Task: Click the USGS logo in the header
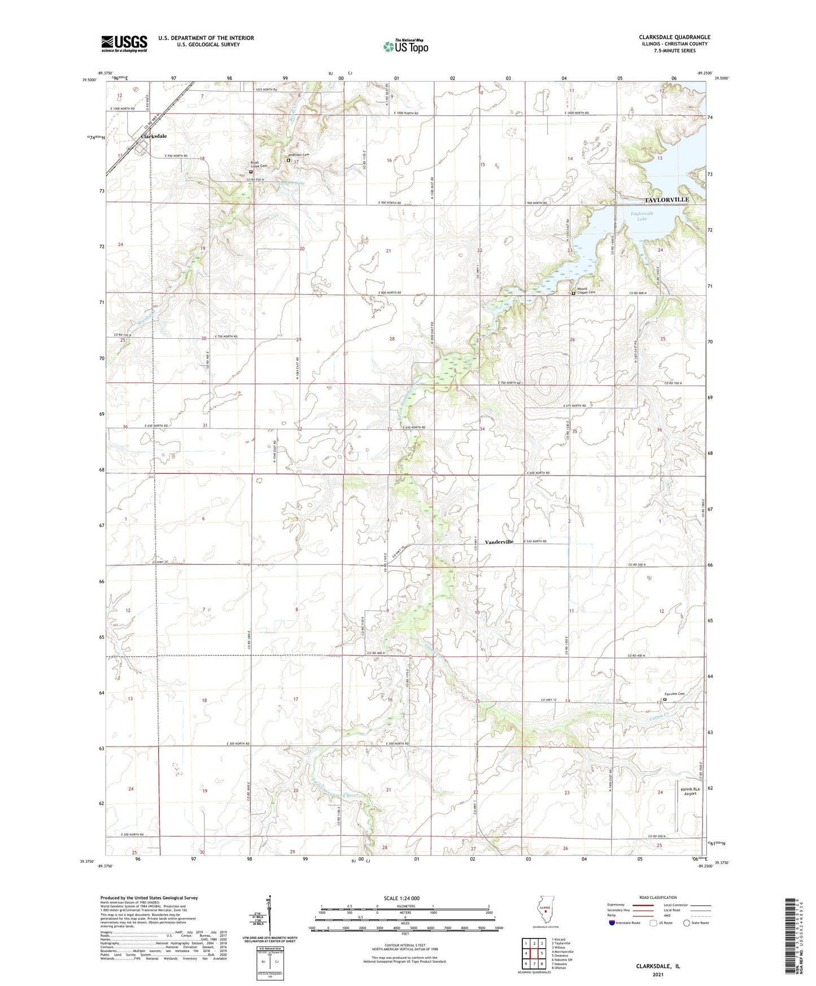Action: pyautogui.click(x=124, y=43)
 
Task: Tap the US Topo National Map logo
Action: pyautogui.click(x=405, y=46)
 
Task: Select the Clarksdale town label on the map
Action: pyautogui.click(x=154, y=136)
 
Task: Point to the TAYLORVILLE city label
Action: pyautogui.click(x=666, y=200)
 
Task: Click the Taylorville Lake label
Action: pyautogui.click(x=642, y=216)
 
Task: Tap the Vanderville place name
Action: pyautogui.click(x=499, y=542)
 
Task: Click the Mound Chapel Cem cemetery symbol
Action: pyautogui.click(x=574, y=293)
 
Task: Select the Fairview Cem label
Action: pyautogui.click(x=674, y=694)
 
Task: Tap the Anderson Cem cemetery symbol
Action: pyautogui.click(x=288, y=160)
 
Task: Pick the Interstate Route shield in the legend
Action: pyautogui.click(x=612, y=923)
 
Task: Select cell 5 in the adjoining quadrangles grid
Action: pyautogui.click(x=541, y=953)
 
